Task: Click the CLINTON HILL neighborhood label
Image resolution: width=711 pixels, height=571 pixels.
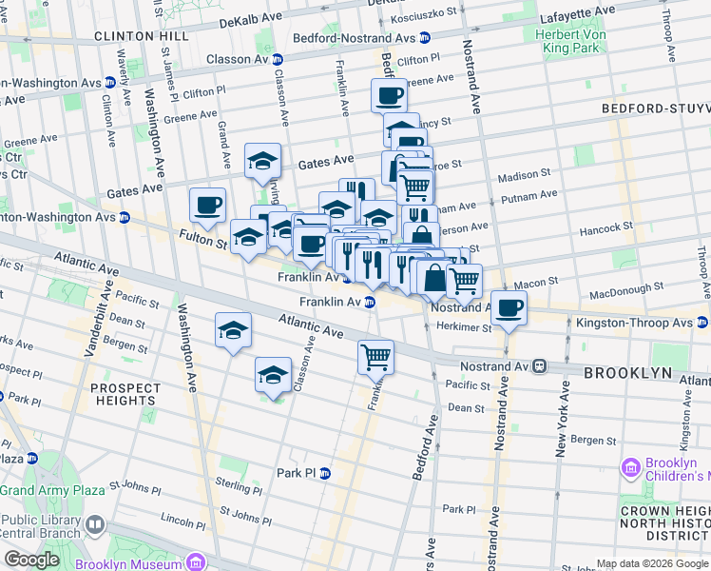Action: click(141, 35)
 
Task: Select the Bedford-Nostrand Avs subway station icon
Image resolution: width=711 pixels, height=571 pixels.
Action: click(425, 37)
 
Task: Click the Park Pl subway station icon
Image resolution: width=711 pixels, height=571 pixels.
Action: click(325, 473)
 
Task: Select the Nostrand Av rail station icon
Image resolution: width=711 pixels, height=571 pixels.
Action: click(538, 364)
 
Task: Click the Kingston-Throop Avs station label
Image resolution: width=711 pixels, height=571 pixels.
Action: click(635, 324)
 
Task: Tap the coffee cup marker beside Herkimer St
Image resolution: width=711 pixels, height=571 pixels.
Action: click(509, 308)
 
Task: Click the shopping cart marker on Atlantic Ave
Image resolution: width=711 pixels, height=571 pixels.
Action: click(376, 357)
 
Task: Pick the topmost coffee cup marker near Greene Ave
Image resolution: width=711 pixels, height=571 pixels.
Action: click(389, 96)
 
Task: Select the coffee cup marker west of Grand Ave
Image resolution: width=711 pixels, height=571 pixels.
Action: click(207, 205)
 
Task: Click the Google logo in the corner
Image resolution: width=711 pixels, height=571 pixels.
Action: click(31, 560)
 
